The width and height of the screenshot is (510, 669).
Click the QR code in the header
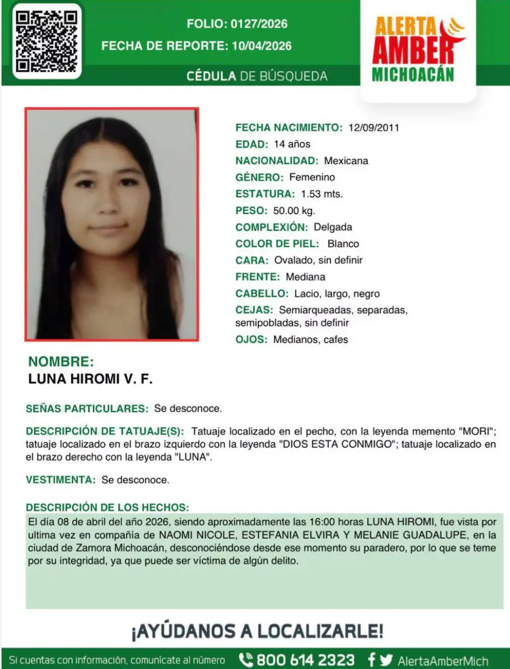pyautogui.click(x=47, y=41)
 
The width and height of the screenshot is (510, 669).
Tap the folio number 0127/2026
pyautogui.click(x=259, y=24)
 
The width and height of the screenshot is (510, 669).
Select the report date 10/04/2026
pyautogui.click(x=262, y=46)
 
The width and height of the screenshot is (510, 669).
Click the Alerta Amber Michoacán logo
pyautogui.click(x=418, y=50)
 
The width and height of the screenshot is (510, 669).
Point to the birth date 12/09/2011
pyautogui.click(x=374, y=128)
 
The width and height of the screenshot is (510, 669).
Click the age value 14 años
pyautogui.click(x=292, y=144)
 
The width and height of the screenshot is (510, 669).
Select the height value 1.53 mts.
pyautogui.click(x=321, y=194)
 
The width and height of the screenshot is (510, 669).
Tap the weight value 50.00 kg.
pyautogui.click(x=294, y=210)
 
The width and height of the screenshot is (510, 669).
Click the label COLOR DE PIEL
pyautogui.click(x=277, y=244)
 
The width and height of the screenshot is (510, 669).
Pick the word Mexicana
pyautogui.click(x=346, y=161)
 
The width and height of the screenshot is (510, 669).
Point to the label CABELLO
pyautogui.click(x=261, y=294)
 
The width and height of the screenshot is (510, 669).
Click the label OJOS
pyautogui.click(x=251, y=340)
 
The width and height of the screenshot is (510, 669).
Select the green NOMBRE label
pyautogui.click(x=61, y=362)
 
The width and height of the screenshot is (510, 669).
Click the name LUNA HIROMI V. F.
pyautogui.click(x=90, y=379)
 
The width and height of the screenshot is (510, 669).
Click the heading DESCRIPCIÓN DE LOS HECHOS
pyautogui.click(x=107, y=508)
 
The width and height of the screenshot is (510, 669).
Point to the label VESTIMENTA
pyautogui.click(x=60, y=480)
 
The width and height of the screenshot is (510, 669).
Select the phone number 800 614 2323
pyautogui.click(x=305, y=660)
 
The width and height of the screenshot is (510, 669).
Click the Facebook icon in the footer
pyautogui.click(x=372, y=660)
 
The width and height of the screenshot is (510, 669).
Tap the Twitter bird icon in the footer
pyautogui.click(x=387, y=660)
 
